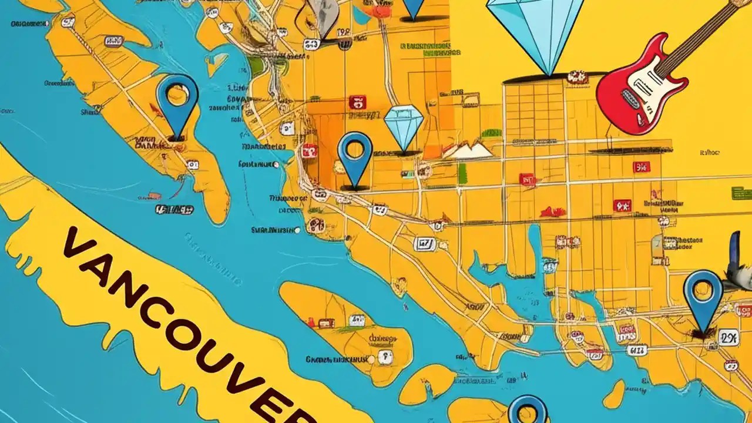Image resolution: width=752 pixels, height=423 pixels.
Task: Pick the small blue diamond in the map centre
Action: (x=404, y=126)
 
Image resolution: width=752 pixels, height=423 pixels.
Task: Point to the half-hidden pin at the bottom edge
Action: (x=528, y=411)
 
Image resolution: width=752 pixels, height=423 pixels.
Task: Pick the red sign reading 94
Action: (x=642, y=167)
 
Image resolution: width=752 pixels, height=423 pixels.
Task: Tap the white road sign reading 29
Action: (x=728, y=338)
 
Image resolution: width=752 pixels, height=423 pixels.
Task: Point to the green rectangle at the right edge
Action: (x=741, y=192)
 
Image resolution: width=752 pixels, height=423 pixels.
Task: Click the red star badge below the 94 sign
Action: (x=622, y=206)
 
